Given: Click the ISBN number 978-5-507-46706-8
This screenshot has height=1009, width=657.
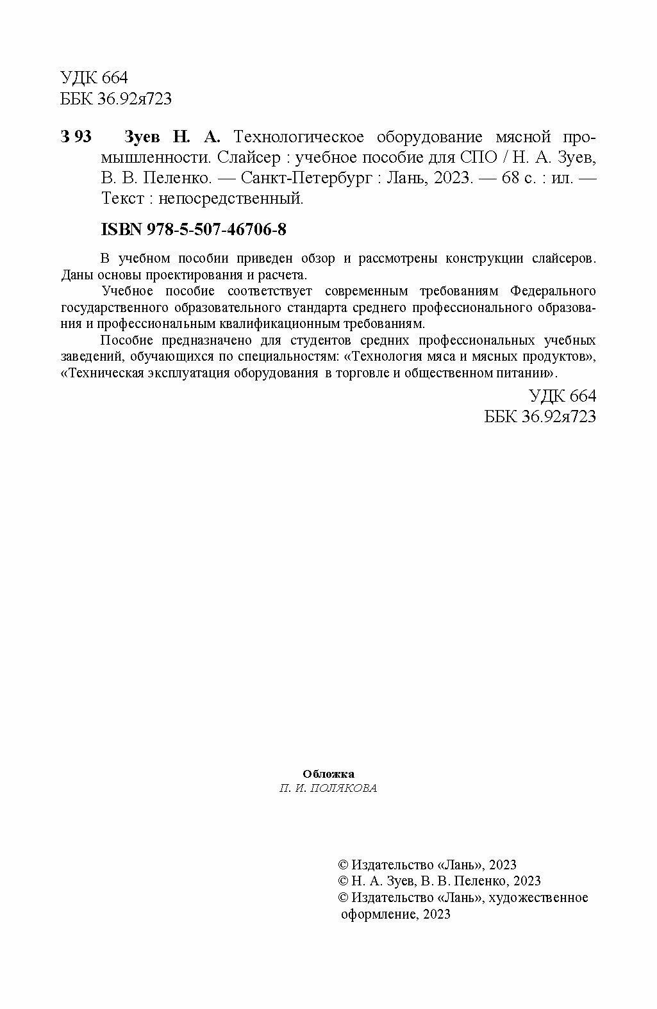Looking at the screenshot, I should pos(218,229).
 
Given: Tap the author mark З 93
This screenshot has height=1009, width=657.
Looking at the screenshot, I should pos(76,137).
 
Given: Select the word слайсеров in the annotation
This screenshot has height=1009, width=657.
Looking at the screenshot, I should pos(564,259).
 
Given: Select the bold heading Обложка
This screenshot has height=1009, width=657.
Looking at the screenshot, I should pos(328,774).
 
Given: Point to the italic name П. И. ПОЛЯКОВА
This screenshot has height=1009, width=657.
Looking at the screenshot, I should pos(328,789).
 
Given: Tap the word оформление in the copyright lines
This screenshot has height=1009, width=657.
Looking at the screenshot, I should pos(372,914).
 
